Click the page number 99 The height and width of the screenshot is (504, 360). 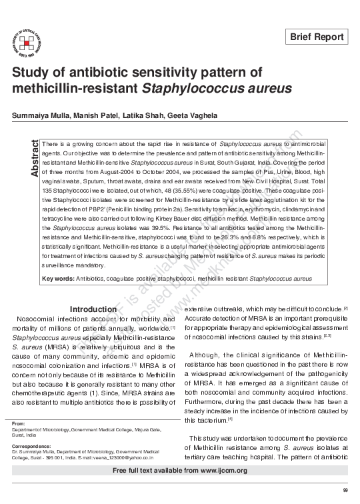pos(345,491)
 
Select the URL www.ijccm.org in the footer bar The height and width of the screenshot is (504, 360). pos(220,471)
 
